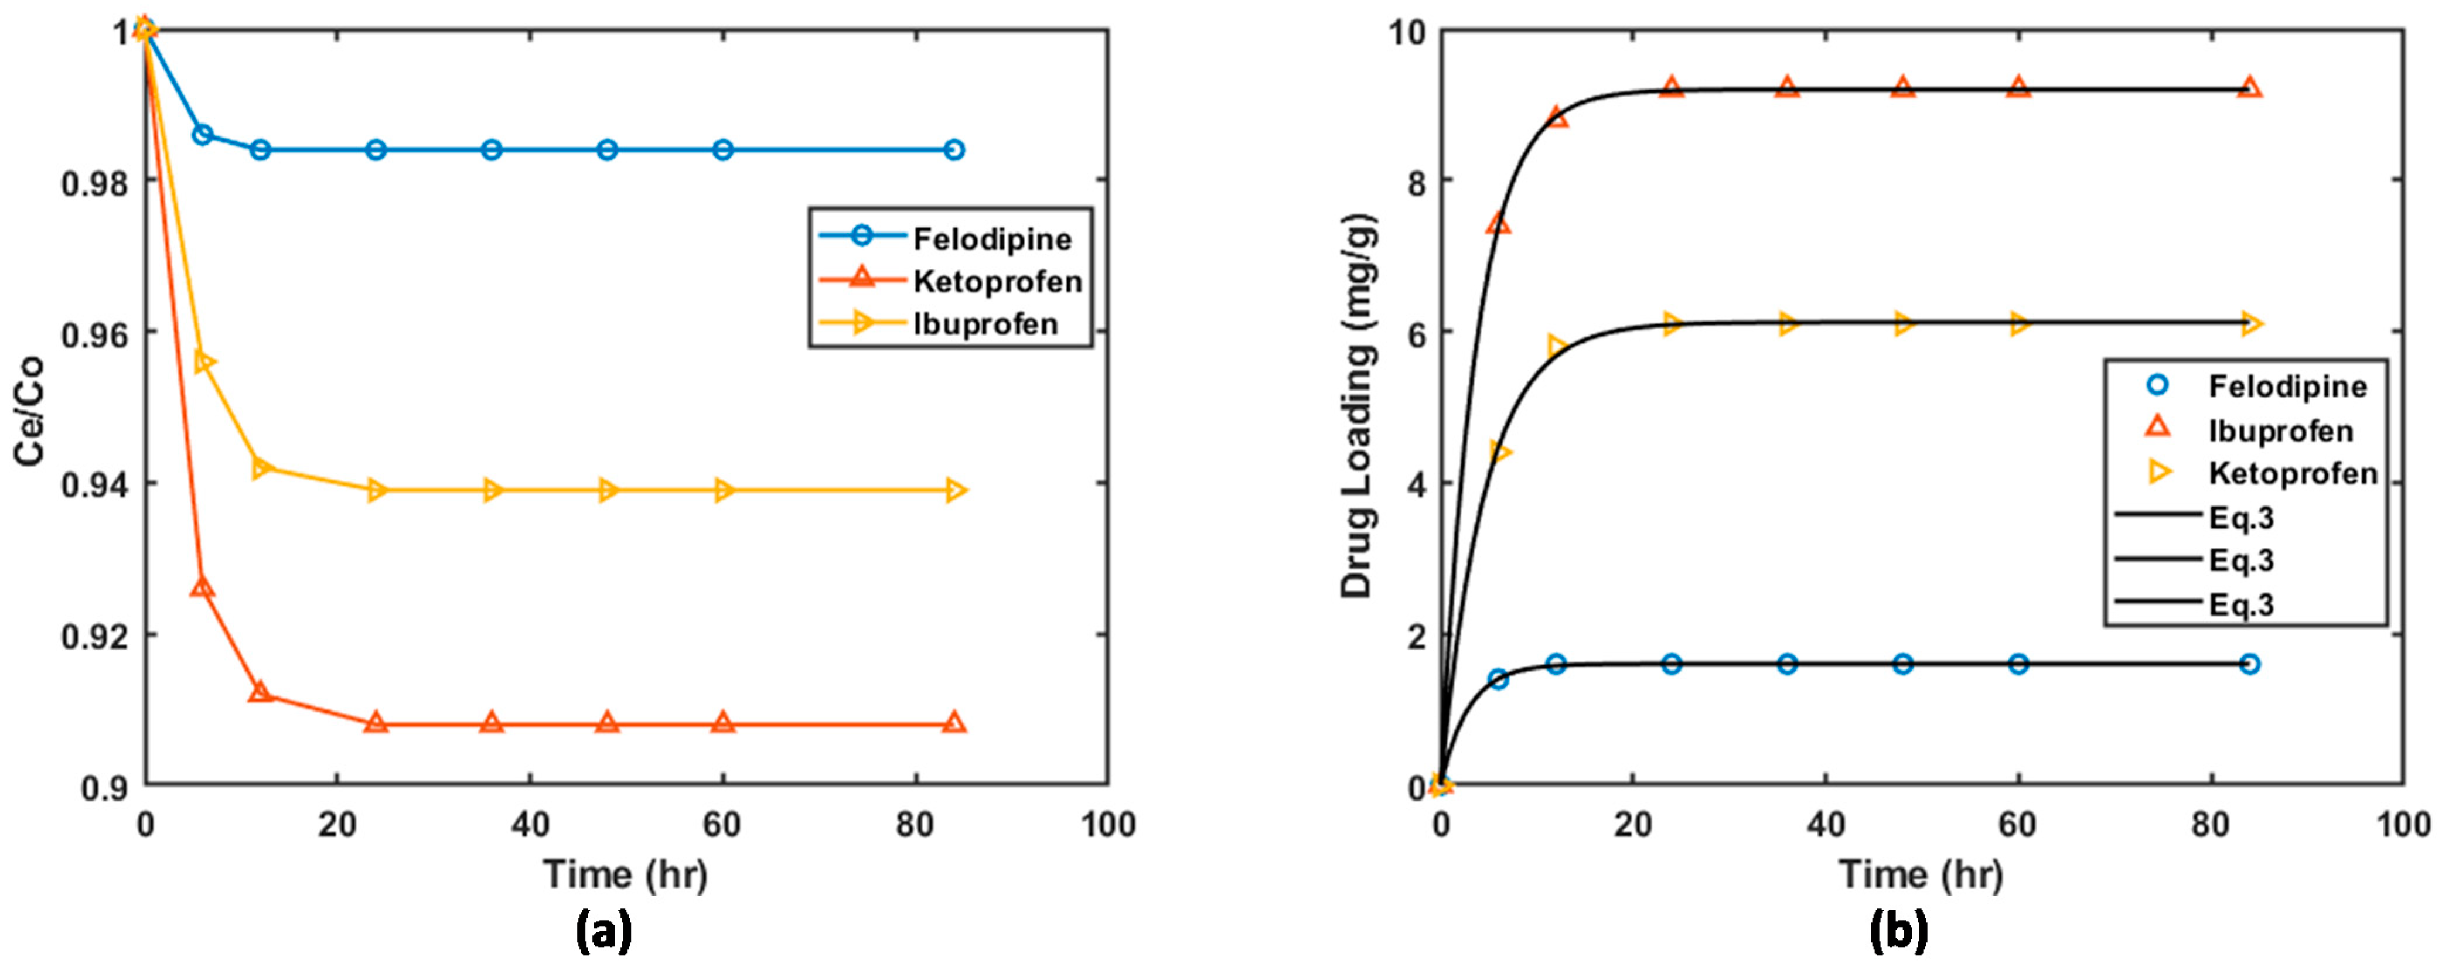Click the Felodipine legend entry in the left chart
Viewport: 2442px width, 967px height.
[991, 239]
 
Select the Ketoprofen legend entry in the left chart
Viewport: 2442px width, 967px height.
[997, 282]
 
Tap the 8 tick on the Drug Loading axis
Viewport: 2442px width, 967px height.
[1416, 181]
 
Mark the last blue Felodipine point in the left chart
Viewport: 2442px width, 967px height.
[954, 150]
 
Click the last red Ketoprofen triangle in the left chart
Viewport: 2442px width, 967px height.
[954, 723]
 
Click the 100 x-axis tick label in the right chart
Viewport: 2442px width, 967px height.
[2404, 825]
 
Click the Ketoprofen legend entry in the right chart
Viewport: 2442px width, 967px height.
[2292, 473]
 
